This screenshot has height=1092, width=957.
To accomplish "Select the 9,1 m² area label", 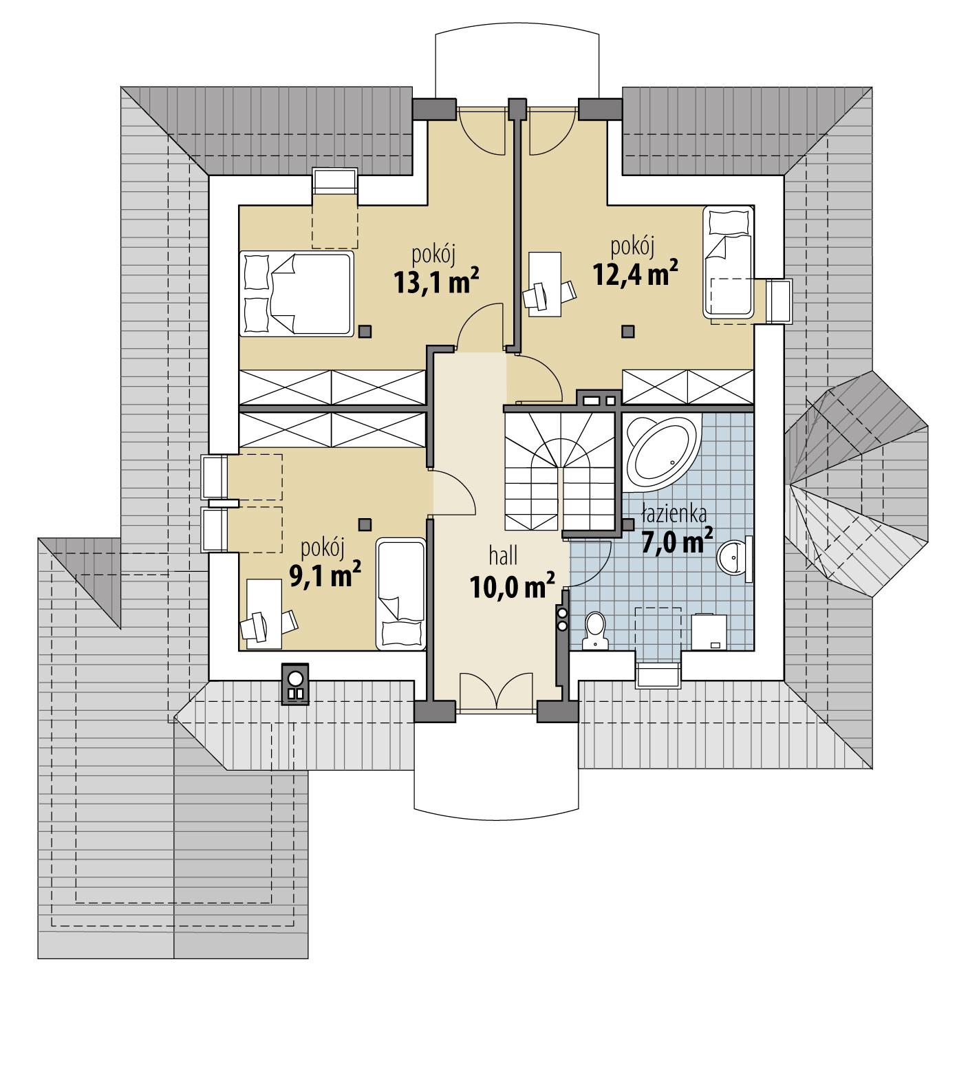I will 325,575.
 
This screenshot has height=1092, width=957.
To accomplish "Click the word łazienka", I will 673,514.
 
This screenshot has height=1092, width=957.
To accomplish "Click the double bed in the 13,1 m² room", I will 297,293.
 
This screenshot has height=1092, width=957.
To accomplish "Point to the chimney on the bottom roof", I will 295,684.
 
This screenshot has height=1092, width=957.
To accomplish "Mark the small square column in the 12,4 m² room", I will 627,332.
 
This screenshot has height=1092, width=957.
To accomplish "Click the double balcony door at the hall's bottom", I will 495,690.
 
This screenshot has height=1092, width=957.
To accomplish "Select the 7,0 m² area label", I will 676,541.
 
